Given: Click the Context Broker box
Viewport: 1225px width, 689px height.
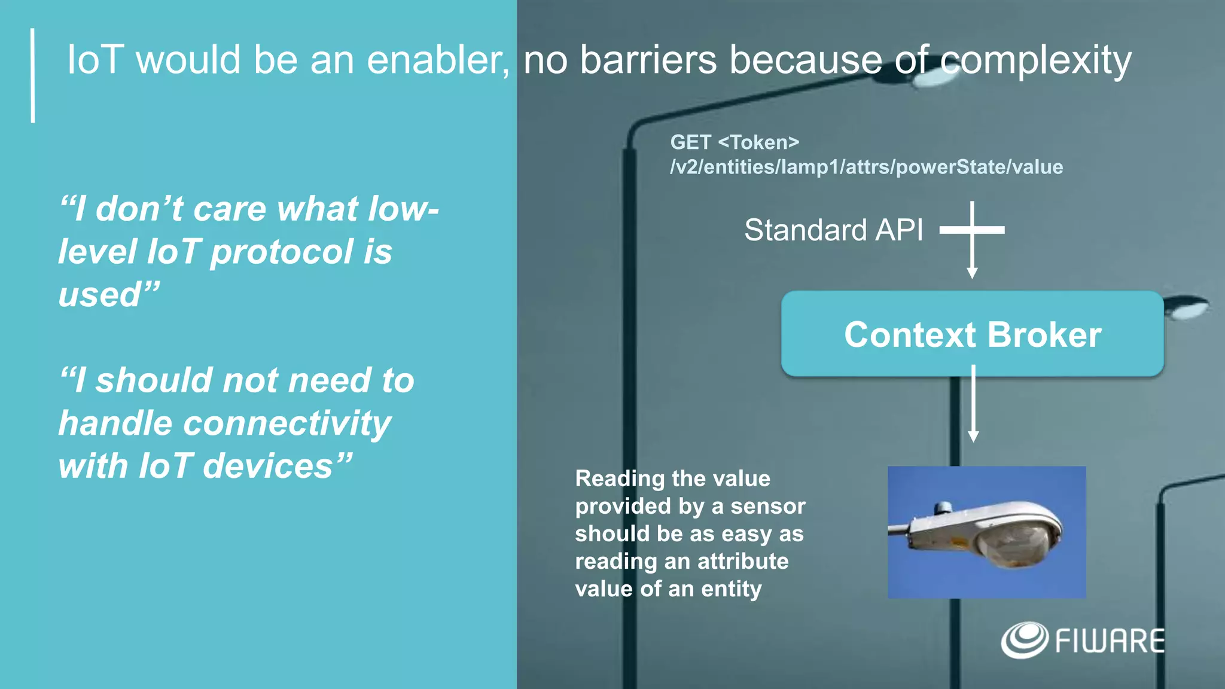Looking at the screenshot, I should tap(972, 334).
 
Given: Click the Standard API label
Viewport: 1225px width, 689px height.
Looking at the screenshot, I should tap(833, 230).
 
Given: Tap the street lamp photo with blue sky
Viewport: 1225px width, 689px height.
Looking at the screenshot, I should tap(986, 532).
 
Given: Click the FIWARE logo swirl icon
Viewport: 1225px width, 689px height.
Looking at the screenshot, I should tap(1024, 640).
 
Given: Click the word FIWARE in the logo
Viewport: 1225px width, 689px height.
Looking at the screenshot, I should tap(1110, 641).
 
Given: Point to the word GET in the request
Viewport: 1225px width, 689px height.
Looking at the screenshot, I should tap(690, 142).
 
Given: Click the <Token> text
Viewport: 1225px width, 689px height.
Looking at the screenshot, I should tap(758, 142).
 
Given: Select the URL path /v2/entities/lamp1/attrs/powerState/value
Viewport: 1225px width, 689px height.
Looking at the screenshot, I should tap(866, 167).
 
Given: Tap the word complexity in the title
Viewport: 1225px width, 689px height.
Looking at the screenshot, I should tap(1035, 61).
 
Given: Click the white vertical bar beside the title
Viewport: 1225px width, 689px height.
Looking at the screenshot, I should tap(33, 75).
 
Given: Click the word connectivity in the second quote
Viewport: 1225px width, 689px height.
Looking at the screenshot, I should tap(287, 423).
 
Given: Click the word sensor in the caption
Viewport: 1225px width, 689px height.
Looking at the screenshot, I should tap(768, 506).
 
